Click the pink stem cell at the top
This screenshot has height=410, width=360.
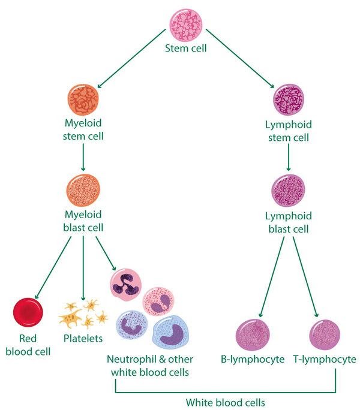click(185, 23)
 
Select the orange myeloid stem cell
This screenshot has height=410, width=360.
click(83, 99)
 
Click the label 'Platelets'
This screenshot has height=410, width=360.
click(83, 339)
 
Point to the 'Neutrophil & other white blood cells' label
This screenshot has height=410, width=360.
click(148, 366)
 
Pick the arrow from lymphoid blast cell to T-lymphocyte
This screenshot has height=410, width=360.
click(306, 276)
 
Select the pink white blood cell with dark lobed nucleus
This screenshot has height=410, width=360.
click(125, 284)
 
